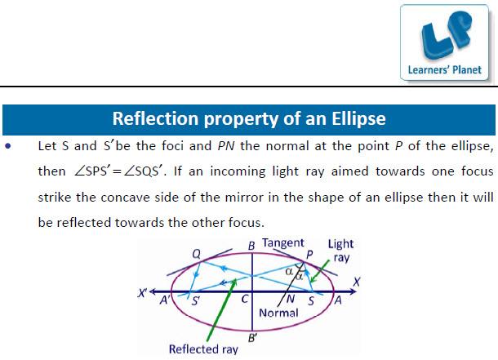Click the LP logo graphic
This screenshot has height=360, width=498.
pos(446,36)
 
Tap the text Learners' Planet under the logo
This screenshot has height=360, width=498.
pos(445,70)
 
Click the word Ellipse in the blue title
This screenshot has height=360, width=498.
pos(358,119)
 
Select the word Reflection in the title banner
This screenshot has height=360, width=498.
pos(155,118)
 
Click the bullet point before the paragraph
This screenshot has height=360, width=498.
pos(8,146)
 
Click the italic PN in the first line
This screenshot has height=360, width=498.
pos(226,146)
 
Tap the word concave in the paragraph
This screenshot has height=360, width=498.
pos(125,198)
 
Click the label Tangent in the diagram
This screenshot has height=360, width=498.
pos(283,243)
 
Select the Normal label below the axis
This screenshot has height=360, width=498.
pos(278,313)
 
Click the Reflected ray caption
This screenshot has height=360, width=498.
pos(203,349)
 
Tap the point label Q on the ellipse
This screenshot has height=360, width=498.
pos(197,254)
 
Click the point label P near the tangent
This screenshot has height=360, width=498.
pos(309,255)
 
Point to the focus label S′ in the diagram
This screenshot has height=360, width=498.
pos(196,300)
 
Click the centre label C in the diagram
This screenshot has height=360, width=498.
pos(245,299)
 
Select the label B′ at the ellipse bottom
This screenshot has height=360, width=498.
pos(252,338)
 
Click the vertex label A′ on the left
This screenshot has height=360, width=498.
pos(165,300)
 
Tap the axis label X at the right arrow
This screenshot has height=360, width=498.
pos(357,282)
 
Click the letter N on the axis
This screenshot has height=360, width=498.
pos(291,299)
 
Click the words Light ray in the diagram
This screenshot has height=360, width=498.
pos(341,251)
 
